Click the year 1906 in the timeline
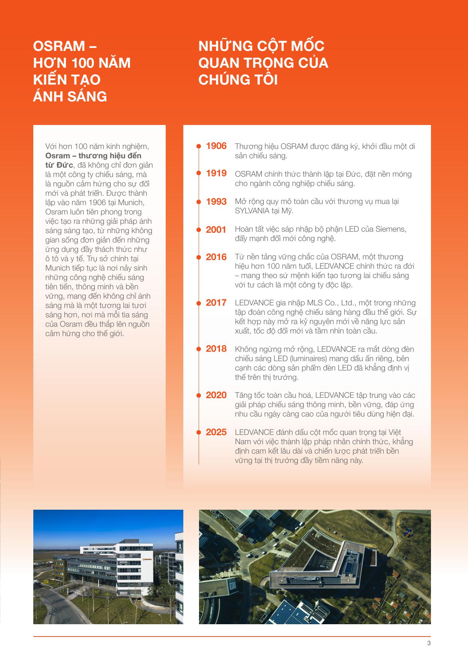216,146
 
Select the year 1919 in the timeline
216,173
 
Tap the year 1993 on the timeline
216,202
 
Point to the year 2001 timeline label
216,230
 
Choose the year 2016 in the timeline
216,257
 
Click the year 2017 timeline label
216,303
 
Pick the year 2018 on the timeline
216,349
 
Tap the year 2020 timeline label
216,395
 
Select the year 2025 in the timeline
216,432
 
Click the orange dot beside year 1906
199,146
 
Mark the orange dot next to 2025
199,432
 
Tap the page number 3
429,644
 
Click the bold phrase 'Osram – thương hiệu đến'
94,156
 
